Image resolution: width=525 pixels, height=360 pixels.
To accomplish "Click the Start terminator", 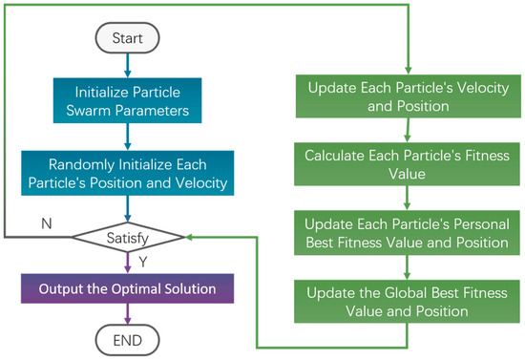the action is click(x=127, y=38).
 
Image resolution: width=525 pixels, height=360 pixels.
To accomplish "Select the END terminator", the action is click(x=127, y=340).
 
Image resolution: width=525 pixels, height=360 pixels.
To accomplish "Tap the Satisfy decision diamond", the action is click(x=128, y=238).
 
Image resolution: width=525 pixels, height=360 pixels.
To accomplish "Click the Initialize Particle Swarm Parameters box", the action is click(x=127, y=100).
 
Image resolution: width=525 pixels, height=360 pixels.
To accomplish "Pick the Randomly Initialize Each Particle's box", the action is click(x=128, y=173).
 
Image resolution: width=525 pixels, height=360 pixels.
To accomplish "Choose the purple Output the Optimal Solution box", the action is click(x=127, y=288).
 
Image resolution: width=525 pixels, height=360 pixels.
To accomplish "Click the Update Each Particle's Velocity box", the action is click(x=409, y=96).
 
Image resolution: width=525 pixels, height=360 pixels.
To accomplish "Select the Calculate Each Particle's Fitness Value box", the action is click(x=407, y=164).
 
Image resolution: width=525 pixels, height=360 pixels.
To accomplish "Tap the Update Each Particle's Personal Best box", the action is click(x=407, y=233).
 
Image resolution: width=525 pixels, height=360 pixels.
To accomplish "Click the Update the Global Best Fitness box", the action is click(x=407, y=302).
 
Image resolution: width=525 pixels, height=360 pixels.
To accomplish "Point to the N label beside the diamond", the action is click(x=47, y=223).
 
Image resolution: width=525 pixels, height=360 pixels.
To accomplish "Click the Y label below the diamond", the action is click(x=143, y=262).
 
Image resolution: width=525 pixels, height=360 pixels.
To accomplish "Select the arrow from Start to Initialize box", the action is click(x=127, y=66).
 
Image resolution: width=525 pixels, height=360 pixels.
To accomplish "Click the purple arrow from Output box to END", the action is click(x=127, y=314).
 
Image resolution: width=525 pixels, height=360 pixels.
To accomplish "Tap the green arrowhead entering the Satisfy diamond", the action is click(x=188, y=237).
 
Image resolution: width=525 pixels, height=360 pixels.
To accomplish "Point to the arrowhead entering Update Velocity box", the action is click(x=408, y=71).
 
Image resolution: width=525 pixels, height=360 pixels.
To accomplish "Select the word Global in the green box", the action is click(x=406, y=293).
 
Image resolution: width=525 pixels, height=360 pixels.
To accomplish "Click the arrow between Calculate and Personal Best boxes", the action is click(x=407, y=198).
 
